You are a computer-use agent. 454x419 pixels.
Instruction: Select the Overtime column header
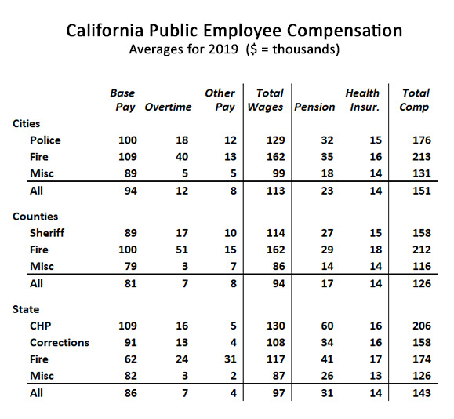tap(168, 107)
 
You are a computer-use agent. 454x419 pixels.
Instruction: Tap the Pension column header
tap(314, 107)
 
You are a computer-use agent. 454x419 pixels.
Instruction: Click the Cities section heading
tap(26, 123)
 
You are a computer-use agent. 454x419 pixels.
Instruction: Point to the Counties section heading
tap(35, 217)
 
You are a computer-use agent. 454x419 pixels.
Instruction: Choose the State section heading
tap(26, 309)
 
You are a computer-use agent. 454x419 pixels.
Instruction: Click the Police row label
tap(45, 140)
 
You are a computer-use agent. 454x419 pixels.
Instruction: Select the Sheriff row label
tap(47, 233)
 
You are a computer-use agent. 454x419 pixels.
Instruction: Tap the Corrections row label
tap(60, 343)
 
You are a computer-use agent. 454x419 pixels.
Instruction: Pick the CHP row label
tap(41, 326)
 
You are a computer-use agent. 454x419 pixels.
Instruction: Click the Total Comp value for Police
tap(422, 140)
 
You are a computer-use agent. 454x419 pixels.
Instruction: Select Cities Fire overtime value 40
tap(182, 157)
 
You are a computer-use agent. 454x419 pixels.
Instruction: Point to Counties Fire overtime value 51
tap(182, 250)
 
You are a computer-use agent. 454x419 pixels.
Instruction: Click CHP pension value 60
tap(327, 326)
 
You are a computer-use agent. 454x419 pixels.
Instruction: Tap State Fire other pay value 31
tap(231, 359)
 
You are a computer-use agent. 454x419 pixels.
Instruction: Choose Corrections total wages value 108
tap(276, 343)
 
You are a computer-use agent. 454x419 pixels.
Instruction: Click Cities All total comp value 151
tap(422, 191)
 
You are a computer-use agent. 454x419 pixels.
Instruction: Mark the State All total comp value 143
tap(422, 393)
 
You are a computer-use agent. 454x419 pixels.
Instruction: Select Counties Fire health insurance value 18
tap(376, 250)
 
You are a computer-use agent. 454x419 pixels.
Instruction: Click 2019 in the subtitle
tap(223, 49)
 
